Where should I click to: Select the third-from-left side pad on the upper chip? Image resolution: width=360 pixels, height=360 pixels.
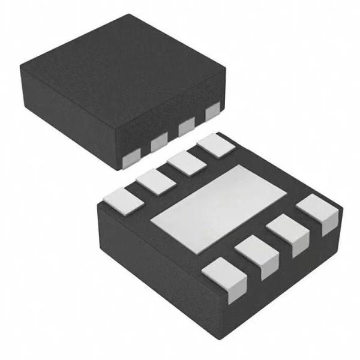pos(186,127)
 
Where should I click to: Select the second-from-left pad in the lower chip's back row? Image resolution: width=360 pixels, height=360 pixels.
pos(155,180)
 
